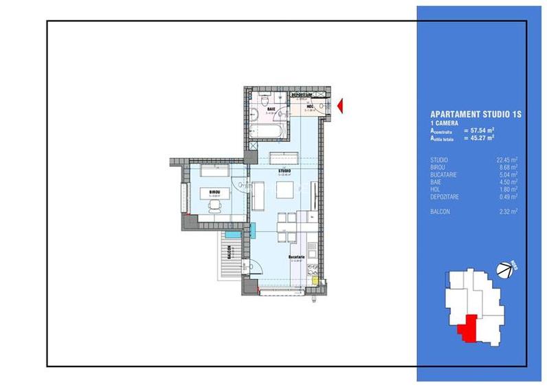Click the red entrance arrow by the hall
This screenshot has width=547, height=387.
click(x=339, y=104)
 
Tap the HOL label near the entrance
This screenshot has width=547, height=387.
click(x=311, y=107)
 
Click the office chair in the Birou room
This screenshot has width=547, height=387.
click(x=216, y=210)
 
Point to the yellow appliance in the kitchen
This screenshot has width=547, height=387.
click(x=315, y=280)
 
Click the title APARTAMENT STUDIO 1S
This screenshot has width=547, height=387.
click(x=476, y=115)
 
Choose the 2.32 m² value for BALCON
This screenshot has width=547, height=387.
click(x=506, y=212)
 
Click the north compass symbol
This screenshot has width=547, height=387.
click(x=507, y=269)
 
